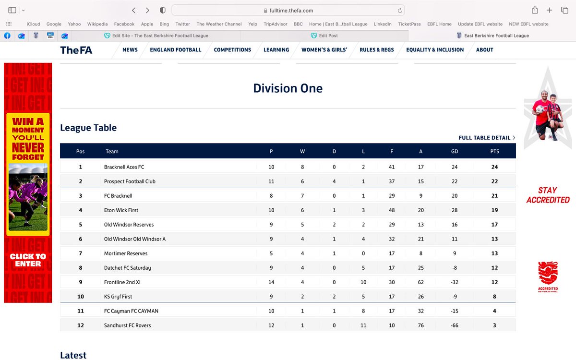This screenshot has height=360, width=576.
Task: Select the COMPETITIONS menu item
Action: pos(232,50)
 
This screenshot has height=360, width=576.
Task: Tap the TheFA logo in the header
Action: pos(76,50)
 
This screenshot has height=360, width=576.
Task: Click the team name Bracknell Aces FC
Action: pos(124,167)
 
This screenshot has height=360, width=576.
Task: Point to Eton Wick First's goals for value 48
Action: pos(392,210)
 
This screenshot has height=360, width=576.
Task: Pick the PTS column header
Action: pos(494,151)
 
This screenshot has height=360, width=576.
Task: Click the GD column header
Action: pos(455,151)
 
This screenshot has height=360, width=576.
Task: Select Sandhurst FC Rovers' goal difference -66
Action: pos(455,325)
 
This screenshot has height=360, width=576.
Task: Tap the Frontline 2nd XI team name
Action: pos(122,282)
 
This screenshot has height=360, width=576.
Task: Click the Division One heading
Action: pos(288,88)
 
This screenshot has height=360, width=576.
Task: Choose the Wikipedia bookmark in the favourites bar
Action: pos(97,24)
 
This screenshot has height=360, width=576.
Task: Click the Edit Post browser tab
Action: pos(328,36)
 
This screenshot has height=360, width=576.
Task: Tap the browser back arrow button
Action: pos(134,10)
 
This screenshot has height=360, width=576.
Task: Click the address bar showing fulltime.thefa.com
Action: pos(288,10)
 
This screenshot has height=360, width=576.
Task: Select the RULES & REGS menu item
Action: pos(377,50)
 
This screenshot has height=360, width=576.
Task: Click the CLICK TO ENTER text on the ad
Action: pos(28,260)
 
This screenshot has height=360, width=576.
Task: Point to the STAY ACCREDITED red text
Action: pos(548,195)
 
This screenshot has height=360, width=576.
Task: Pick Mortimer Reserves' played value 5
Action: pos(271,253)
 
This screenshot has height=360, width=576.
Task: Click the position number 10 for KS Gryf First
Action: pos(81,297)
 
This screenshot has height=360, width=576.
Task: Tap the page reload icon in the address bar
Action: pos(400,10)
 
